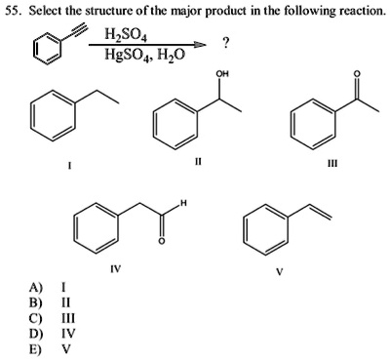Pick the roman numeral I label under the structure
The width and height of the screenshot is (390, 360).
click(x=67, y=165)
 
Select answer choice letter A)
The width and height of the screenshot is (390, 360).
click(x=36, y=288)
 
